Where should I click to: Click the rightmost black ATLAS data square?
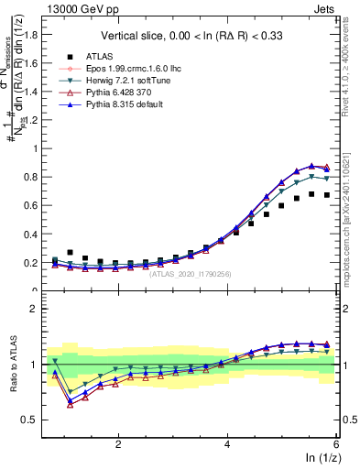click(327, 195)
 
